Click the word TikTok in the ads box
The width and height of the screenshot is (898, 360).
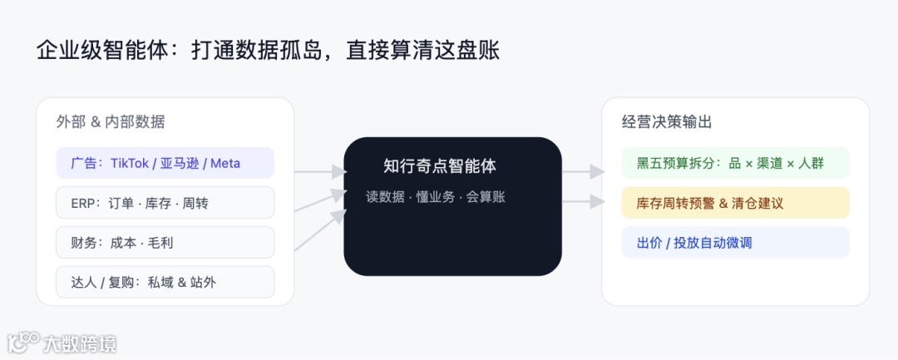pos(129,163)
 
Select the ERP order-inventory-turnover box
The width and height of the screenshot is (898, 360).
pos(165,203)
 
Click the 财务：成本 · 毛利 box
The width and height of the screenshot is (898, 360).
pos(165,243)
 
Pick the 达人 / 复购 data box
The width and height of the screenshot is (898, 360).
pos(165,283)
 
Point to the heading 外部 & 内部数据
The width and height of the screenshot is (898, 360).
pos(111,122)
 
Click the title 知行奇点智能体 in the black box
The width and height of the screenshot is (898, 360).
pos(440,165)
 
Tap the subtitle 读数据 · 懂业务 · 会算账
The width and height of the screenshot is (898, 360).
pos(436,197)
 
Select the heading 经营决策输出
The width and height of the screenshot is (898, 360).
pos(667,122)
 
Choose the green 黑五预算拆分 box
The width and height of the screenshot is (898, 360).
pos(735,163)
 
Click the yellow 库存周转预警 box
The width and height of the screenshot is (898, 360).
pos(735,203)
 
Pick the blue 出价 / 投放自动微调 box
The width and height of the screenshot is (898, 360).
pos(735,243)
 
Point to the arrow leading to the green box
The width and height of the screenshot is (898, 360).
pos(584,172)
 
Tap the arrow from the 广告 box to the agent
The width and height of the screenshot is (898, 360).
pos(320,172)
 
